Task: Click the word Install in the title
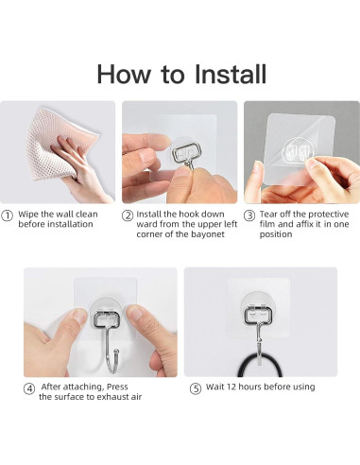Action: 231,74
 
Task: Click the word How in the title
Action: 124,74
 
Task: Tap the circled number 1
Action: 7,215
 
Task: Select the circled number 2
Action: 128,215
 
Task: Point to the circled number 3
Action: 249,215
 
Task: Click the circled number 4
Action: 29,388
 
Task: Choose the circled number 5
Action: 196,388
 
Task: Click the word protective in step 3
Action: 328,215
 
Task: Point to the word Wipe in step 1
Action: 28,215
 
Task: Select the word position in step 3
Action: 276,234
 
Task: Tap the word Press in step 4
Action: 117,387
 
